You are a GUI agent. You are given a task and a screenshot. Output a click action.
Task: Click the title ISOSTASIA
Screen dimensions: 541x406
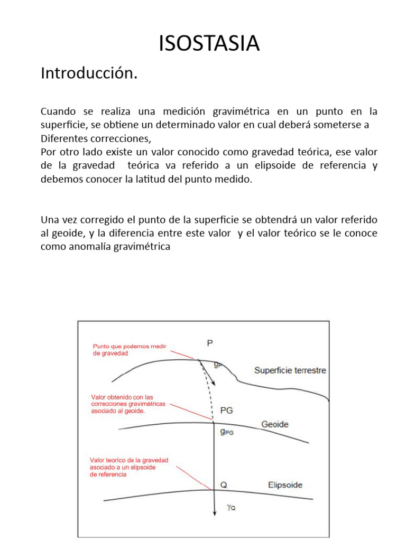tap(209, 43)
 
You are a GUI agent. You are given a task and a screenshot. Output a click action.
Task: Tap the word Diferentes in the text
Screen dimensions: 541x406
tap(65, 139)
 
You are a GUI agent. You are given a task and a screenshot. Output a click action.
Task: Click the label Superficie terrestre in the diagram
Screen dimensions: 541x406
tap(290, 370)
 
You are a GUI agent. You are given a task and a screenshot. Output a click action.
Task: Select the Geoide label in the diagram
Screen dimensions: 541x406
tap(275, 424)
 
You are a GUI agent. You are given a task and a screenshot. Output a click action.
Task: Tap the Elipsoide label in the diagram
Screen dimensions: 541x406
tap(285, 484)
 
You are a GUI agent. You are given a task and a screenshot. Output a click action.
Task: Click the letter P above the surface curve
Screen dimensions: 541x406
tap(210, 343)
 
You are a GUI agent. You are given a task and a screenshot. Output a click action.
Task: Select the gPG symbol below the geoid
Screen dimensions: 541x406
tap(227, 432)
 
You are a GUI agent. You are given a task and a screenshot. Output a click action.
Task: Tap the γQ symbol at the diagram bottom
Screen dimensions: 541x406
tap(230, 508)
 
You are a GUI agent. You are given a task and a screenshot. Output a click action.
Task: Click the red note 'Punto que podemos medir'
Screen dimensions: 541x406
tap(130, 350)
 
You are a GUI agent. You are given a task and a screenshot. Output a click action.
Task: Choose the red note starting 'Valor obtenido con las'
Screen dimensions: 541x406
tap(128, 404)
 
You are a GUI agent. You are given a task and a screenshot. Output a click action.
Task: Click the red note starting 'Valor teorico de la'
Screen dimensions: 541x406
tap(129, 467)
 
